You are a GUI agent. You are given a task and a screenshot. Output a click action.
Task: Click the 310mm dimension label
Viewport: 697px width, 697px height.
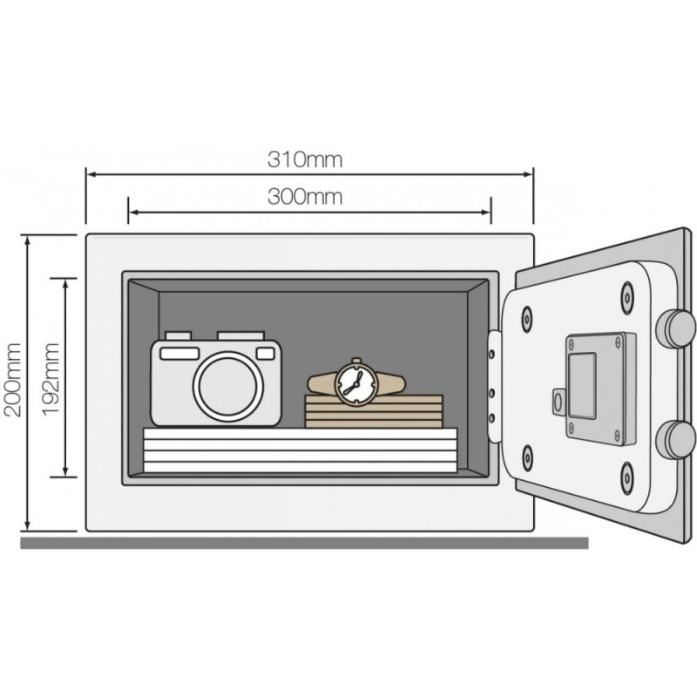point(305,159)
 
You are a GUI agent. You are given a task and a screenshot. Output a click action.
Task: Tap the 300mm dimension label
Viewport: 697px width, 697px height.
point(305,197)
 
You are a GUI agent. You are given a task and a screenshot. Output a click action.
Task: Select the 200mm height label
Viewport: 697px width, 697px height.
point(12,380)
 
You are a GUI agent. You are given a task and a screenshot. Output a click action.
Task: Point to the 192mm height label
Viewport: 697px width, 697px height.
point(51,379)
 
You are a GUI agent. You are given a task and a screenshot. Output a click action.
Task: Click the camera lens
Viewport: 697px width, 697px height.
point(227,386)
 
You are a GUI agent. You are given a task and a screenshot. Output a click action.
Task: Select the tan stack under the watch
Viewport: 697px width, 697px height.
point(374,411)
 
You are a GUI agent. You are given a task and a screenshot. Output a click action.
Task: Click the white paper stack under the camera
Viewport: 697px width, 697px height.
point(300,450)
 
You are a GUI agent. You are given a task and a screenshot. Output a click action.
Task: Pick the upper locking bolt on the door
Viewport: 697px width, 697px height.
point(676,328)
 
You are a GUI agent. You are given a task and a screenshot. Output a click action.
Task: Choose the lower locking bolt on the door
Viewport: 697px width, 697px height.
point(676,440)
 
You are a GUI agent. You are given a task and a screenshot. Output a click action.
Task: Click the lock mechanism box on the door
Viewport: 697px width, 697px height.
point(600,389)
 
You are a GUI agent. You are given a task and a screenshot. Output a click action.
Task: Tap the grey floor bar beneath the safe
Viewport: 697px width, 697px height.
point(304,543)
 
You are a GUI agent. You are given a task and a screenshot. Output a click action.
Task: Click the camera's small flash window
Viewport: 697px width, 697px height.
point(266,354)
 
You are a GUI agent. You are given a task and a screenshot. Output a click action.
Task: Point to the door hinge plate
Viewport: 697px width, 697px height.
point(495,386)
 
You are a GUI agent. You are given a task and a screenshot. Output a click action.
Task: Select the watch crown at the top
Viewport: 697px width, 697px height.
point(356,361)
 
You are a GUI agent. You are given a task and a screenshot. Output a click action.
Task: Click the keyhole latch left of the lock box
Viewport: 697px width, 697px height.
point(559,403)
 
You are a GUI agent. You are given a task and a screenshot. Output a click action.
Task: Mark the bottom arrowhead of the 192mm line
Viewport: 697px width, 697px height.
point(66,472)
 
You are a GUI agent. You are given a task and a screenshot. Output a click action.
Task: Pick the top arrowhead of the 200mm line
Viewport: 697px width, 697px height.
point(28,240)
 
